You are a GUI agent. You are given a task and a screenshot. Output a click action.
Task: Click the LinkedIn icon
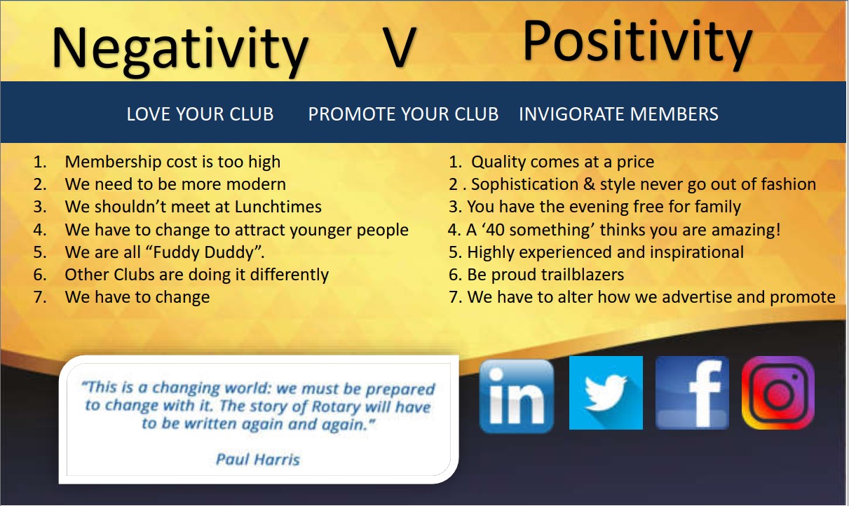point(516,396)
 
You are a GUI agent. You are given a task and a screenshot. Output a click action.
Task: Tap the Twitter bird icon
point(606,392)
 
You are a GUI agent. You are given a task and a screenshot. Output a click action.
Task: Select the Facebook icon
point(692,392)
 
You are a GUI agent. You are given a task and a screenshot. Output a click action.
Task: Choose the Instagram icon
point(778,392)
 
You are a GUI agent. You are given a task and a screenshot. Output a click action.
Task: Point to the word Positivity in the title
point(637,43)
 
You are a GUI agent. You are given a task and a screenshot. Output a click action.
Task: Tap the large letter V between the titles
point(399,48)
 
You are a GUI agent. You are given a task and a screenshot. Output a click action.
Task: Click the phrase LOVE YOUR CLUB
point(200,114)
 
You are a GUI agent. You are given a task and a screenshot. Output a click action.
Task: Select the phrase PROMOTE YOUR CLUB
point(403,114)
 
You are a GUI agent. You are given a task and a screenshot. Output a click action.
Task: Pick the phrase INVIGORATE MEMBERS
point(618,114)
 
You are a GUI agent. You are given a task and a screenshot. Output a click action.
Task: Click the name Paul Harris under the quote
point(258,459)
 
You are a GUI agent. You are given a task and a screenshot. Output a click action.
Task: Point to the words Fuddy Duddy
point(203,252)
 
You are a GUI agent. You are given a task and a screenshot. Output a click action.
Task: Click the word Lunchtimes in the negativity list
point(278,207)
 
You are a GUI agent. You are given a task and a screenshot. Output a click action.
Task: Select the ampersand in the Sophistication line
point(589,184)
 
